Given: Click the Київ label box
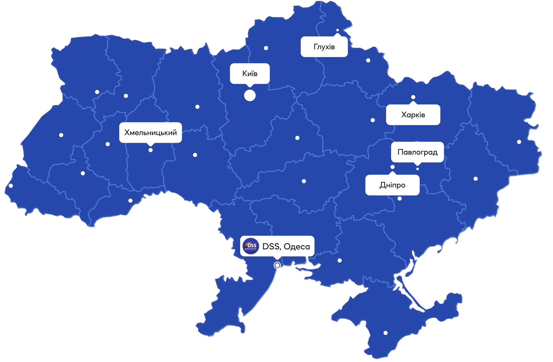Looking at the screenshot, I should tap(250, 73).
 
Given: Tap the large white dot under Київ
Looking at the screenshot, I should tap(250, 96).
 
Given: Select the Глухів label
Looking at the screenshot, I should tap(324, 47).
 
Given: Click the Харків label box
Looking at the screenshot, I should tap(413, 115).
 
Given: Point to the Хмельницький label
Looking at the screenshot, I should tap(150, 133).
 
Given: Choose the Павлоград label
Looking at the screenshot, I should tap(418, 152).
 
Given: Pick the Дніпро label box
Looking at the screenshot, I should tap(392, 185).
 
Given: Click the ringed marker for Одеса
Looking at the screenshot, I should tap(277, 265).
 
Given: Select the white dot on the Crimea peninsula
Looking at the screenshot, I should tap(386, 333).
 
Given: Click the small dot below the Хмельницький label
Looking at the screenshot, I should tap(150, 150).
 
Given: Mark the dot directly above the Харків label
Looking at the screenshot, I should tap(413, 97).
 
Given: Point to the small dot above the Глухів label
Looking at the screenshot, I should tap(337, 30).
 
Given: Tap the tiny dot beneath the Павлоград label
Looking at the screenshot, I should tap(418, 169).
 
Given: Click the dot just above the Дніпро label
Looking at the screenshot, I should tap(392, 167).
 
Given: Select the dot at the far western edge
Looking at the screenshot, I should tap(11, 186).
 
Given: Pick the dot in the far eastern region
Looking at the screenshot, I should tap(519, 142).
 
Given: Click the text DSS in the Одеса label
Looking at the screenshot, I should tap(271, 246).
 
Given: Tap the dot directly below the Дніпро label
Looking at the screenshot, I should tap(400, 199).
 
